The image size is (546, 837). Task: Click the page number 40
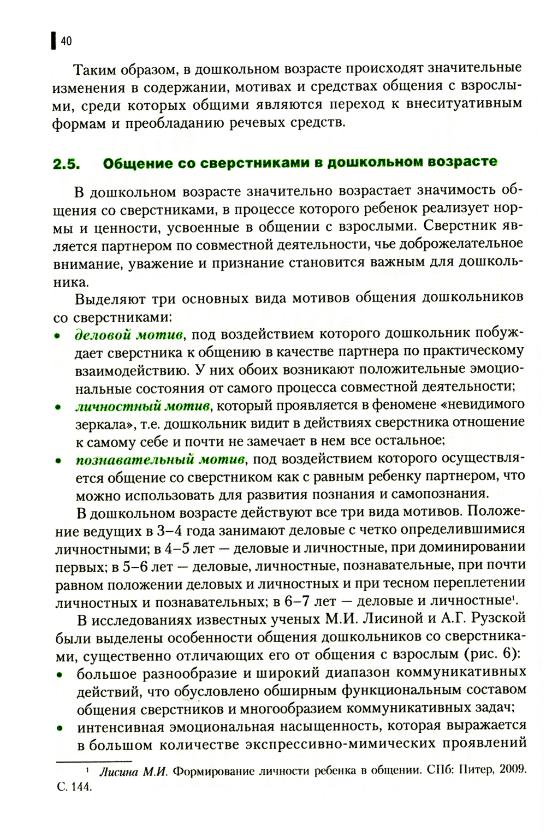66,41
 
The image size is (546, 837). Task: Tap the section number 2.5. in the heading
67,164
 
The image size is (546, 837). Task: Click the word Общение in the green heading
129,163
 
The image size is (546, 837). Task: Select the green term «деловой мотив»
128,334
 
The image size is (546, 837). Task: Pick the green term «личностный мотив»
143,406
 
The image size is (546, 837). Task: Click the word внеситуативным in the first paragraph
464,104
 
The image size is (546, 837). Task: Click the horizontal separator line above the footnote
94,760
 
